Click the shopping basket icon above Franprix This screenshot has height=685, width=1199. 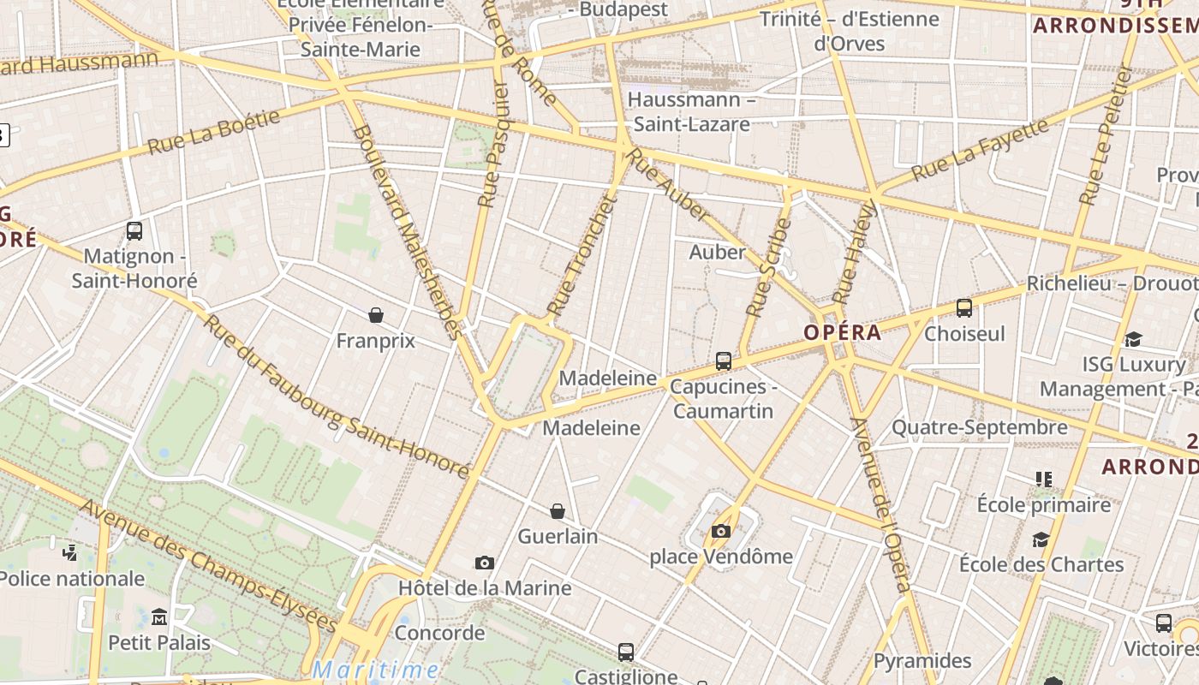375,315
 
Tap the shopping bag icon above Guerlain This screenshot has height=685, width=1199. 558,511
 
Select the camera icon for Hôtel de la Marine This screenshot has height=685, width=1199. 485,563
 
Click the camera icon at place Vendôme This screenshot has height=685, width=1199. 721,531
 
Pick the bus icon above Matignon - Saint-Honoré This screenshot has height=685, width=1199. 134,230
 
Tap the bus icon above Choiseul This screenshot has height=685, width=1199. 964,308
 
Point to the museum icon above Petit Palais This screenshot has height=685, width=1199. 159,616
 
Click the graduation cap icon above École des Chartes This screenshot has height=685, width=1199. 1041,539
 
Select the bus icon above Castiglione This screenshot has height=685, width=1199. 626,652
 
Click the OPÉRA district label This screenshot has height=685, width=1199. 843,333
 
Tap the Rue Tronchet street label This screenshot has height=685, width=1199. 582,255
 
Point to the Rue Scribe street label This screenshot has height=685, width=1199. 768,267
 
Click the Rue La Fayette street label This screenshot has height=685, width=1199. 980,151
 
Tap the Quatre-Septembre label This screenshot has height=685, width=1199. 980,427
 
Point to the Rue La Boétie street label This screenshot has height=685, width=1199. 214,132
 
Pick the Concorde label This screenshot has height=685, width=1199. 439,634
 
